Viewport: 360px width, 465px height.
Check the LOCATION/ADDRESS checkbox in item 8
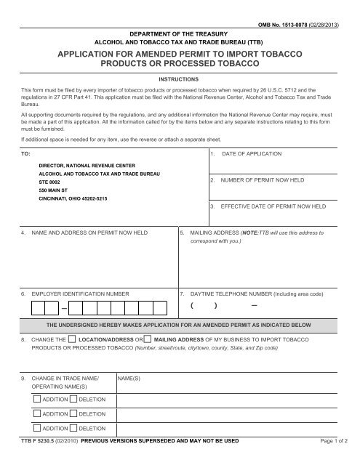click(x=73, y=339)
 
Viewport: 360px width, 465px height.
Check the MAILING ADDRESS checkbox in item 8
click(x=148, y=339)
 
